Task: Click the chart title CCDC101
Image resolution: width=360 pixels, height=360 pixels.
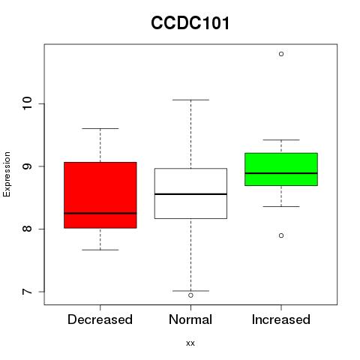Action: [x=190, y=23]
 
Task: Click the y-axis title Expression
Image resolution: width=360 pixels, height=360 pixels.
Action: [x=7, y=174]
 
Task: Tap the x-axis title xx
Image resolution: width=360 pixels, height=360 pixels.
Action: [x=190, y=343]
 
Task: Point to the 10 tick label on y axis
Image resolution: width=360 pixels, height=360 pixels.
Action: [x=27, y=103]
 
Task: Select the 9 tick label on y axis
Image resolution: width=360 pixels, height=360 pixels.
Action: [x=27, y=166]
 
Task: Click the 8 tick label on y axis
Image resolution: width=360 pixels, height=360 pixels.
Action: [x=27, y=229]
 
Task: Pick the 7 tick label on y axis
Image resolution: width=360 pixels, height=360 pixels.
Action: [x=27, y=292]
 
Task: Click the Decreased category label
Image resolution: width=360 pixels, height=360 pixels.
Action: [x=100, y=319]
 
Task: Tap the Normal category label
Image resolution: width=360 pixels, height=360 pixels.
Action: [x=190, y=319]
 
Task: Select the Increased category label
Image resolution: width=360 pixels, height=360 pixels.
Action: [x=281, y=319]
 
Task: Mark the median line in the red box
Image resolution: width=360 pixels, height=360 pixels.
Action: [x=100, y=213]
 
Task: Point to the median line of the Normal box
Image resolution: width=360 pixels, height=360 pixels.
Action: [x=190, y=194]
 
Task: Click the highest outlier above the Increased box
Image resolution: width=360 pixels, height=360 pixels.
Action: [x=281, y=54]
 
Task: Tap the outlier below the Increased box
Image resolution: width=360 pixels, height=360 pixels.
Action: [x=281, y=235]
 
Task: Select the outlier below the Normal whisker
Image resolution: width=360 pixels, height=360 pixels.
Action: [x=190, y=295]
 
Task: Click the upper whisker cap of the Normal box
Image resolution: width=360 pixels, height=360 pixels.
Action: [x=190, y=100]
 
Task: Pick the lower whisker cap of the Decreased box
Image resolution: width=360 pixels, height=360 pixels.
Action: [x=100, y=250]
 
